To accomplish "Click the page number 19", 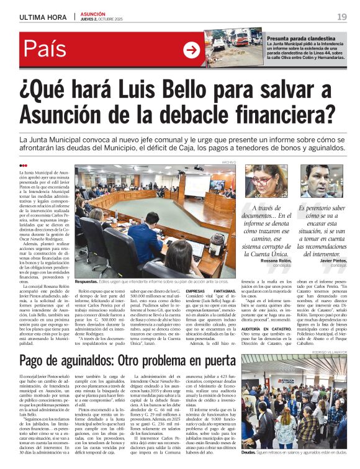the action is click(341, 16).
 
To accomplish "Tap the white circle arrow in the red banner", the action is click(192, 50).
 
